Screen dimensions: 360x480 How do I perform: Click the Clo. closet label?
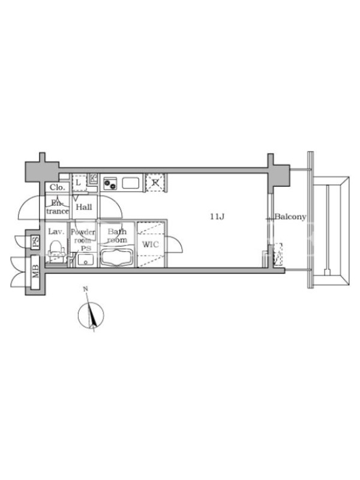pos(57,187)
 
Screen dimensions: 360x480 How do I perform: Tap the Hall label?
pos(84,207)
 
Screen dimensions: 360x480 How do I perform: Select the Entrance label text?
pos(58,207)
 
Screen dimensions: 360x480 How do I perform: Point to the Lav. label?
pos(56,232)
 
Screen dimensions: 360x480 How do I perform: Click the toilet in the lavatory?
pos(56,249)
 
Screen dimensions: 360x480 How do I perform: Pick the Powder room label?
pos(83,236)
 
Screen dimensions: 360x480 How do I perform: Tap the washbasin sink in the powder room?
pos(86,260)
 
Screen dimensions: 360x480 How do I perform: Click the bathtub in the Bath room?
pos(117,258)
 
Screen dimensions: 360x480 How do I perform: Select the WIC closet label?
pos(151,245)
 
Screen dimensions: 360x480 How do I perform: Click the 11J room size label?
pos(217,217)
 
